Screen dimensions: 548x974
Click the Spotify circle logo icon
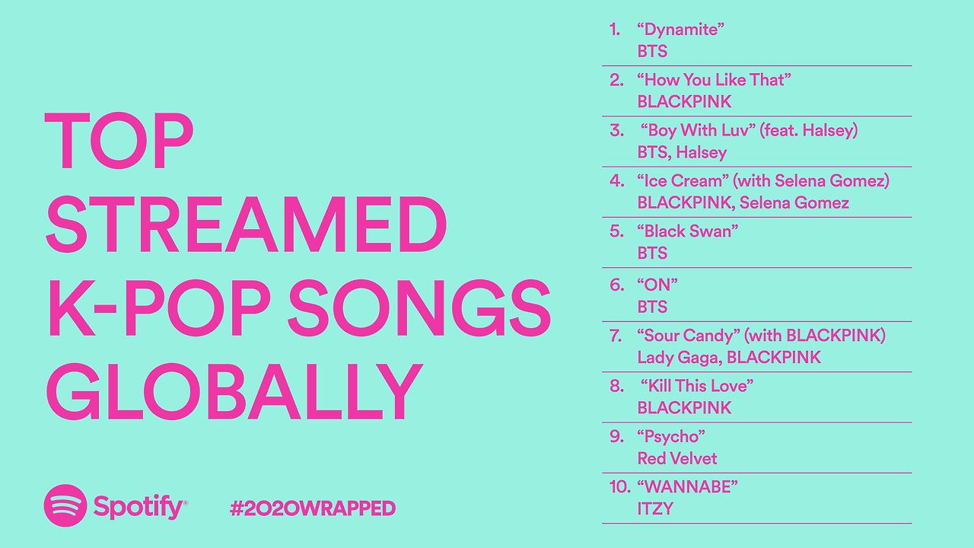pyautogui.click(x=66, y=505)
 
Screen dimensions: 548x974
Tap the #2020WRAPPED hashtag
pyautogui.click(x=312, y=508)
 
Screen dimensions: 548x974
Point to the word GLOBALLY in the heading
pyautogui.click(x=234, y=393)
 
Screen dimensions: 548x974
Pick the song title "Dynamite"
pyautogui.click(x=680, y=30)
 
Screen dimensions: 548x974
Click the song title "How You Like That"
pyautogui.click(x=714, y=80)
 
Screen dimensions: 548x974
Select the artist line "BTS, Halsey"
pyautogui.click(x=682, y=152)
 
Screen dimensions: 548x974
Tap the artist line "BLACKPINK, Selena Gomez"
pyautogui.click(x=743, y=203)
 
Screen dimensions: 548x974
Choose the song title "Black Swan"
pyautogui.click(x=688, y=231)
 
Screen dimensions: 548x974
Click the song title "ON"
pyautogui.click(x=657, y=285)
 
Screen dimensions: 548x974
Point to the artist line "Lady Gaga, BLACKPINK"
pyautogui.click(x=729, y=357)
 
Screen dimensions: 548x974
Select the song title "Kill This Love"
pyautogui.click(x=697, y=386)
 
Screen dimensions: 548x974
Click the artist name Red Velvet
pyautogui.click(x=677, y=458)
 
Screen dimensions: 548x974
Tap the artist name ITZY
pyautogui.click(x=655, y=508)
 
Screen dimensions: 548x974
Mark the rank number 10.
pyautogui.click(x=620, y=486)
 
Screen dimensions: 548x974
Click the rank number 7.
pyautogui.click(x=616, y=336)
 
